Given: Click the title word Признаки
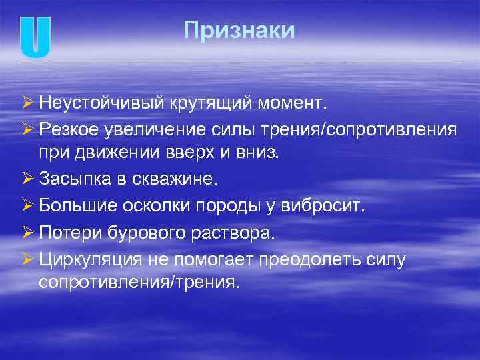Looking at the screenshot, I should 239,31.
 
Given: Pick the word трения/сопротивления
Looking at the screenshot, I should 371,128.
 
